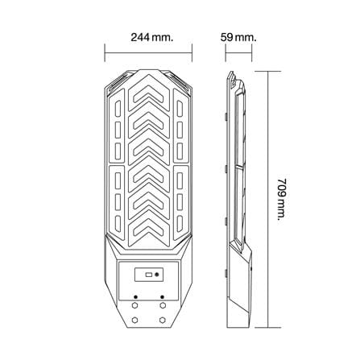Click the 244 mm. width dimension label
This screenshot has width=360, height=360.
click(x=152, y=37)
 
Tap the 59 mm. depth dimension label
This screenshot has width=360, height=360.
click(x=238, y=37)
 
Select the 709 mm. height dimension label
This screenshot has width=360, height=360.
click(x=282, y=199)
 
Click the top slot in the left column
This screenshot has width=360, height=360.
click(x=118, y=109)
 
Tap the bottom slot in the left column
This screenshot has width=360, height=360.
click(x=118, y=222)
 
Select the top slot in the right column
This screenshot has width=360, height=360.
click(x=180, y=109)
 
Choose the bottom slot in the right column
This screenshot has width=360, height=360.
click(x=180, y=222)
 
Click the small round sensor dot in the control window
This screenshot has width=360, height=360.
click(x=157, y=275)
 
